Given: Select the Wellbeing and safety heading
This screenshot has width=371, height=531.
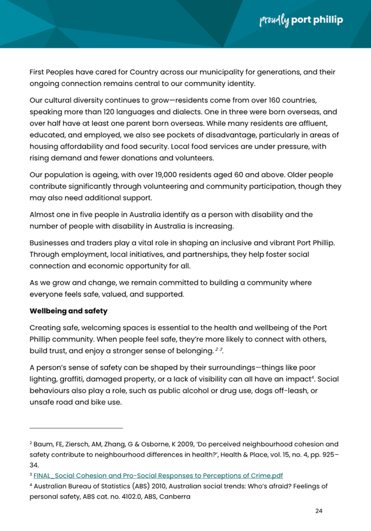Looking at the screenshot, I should [x=68, y=311].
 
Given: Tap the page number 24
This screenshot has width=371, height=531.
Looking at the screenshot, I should [x=318, y=511].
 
